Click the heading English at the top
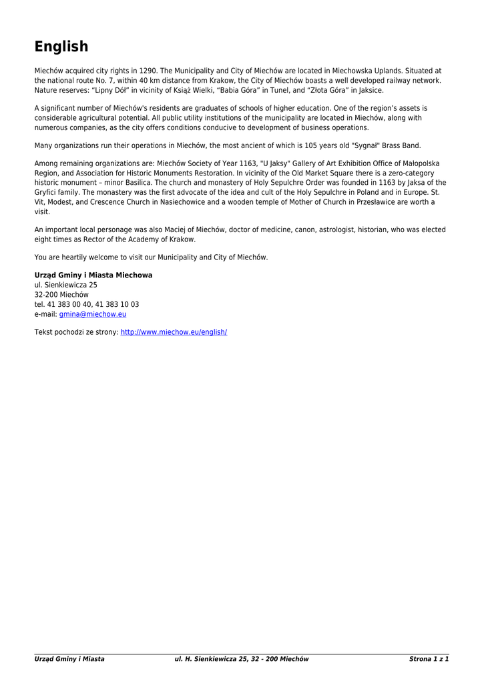coord(61,47)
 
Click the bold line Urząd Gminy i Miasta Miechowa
coord(93,275)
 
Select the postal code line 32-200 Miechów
coord(61,294)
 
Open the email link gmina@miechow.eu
coord(93,314)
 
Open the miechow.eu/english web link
coord(174,331)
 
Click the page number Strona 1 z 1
coord(429,659)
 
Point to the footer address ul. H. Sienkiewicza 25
coord(212,659)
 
